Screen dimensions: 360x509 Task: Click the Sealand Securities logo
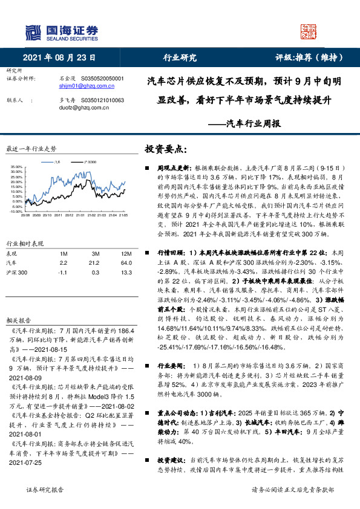[61, 31]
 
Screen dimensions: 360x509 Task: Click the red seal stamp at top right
[309, 31]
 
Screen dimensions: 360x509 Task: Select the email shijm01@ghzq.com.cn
[84, 86]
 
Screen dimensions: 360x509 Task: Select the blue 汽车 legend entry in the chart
[56, 162]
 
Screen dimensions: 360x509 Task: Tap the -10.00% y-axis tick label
[16, 211]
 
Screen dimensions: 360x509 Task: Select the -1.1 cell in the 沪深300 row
[63, 273]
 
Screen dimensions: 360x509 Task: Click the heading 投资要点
[165, 148]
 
